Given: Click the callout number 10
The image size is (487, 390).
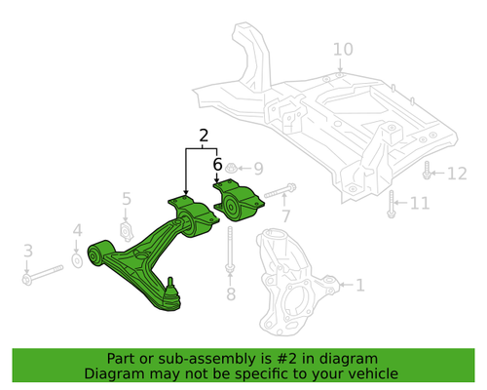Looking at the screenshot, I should [x=343, y=49].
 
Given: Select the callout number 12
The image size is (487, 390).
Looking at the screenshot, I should [x=457, y=174].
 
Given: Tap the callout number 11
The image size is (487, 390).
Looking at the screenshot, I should [x=420, y=204].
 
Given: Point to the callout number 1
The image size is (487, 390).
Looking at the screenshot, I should [x=359, y=286].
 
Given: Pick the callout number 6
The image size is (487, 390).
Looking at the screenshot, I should [x=218, y=165].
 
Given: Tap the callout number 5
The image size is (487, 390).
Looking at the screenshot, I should [x=126, y=200].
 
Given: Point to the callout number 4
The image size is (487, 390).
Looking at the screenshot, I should [x=78, y=231].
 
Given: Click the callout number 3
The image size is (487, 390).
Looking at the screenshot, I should [x=28, y=251].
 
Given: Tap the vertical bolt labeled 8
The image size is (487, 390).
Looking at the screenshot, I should [x=230, y=253].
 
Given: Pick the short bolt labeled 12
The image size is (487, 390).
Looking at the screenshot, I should [x=429, y=174].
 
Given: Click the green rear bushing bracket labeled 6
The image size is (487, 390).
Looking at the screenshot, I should [x=240, y=203].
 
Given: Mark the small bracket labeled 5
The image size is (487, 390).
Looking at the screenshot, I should [x=126, y=229].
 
